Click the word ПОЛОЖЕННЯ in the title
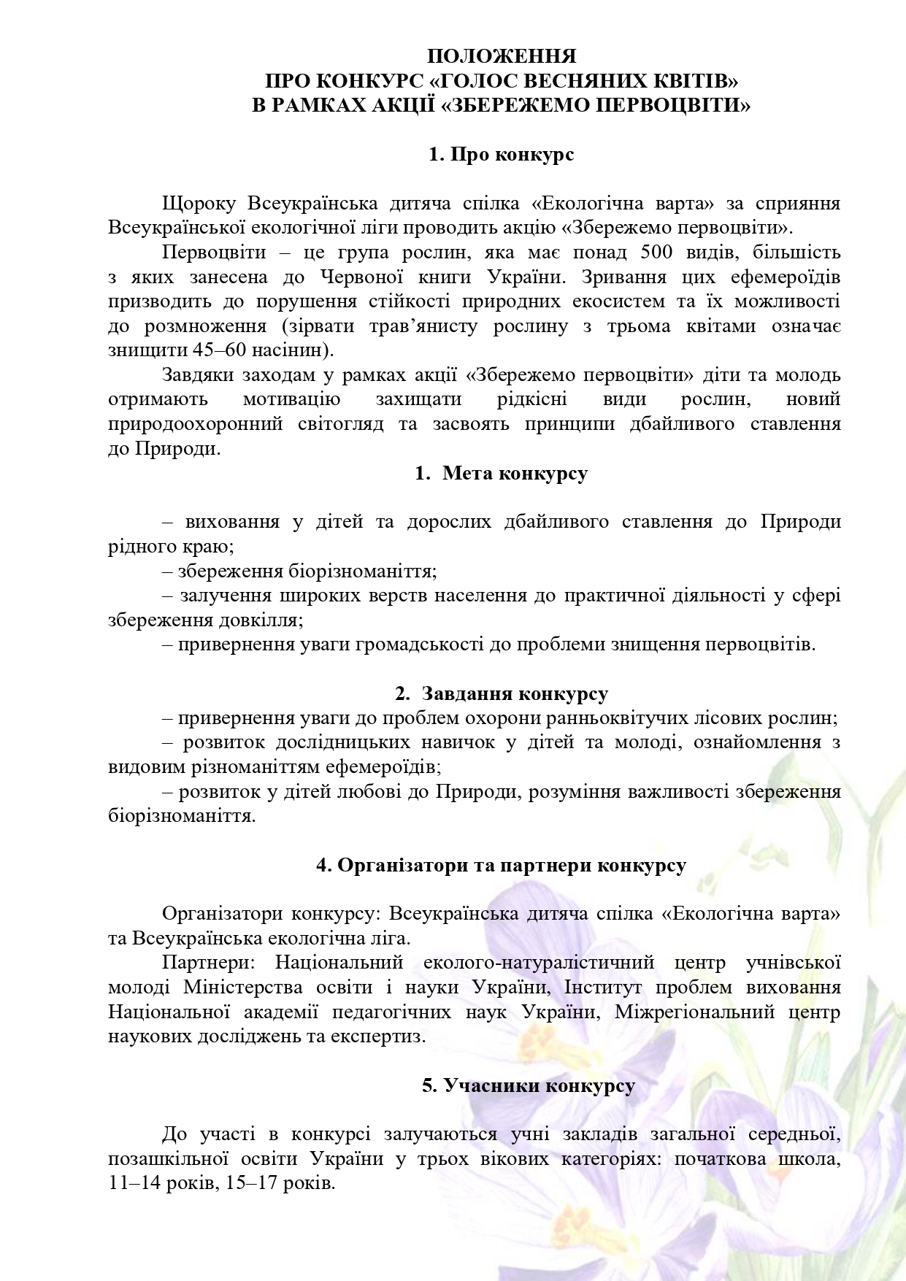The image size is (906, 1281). pos(501,56)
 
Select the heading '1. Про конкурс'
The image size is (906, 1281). pos(501,155)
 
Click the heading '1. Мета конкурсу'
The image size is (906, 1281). pos(501,473)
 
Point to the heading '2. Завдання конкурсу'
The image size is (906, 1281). pos(501,693)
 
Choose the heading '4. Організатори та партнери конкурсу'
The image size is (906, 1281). pos(501,865)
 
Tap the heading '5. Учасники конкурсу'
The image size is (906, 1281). pos(528,1085)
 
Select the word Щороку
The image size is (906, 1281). pos(199,203)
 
